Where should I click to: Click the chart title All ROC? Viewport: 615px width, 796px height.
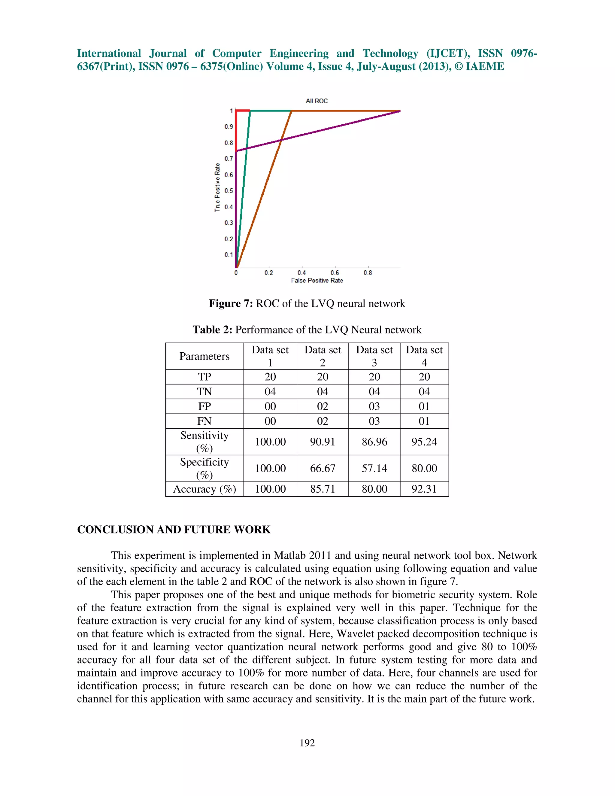coord(317,101)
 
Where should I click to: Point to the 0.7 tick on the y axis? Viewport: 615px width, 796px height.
coord(229,159)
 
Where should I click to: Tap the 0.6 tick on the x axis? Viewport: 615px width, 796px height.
coord(335,273)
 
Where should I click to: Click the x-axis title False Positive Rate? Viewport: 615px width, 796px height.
coord(317,280)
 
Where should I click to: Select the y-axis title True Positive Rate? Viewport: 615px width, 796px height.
coord(217,187)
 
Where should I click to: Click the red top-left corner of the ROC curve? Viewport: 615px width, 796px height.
coord(236,111)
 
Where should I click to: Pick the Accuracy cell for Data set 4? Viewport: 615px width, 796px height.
coord(424,489)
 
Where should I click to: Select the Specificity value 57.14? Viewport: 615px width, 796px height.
coord(374,468)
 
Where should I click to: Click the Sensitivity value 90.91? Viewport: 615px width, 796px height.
coord(323,442)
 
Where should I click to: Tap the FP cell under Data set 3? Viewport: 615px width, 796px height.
coord(374,406)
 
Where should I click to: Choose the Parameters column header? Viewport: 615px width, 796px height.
coord(204,356)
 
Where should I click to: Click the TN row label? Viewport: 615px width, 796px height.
coord(204,391)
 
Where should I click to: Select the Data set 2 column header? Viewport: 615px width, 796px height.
coord(323,356)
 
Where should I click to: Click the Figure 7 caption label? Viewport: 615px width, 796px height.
coord(231,304)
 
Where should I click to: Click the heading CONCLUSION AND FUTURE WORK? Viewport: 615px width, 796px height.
coord(174,530)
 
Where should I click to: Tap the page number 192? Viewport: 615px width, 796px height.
coord(307,743)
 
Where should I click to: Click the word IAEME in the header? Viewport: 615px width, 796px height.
coord(485,66)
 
